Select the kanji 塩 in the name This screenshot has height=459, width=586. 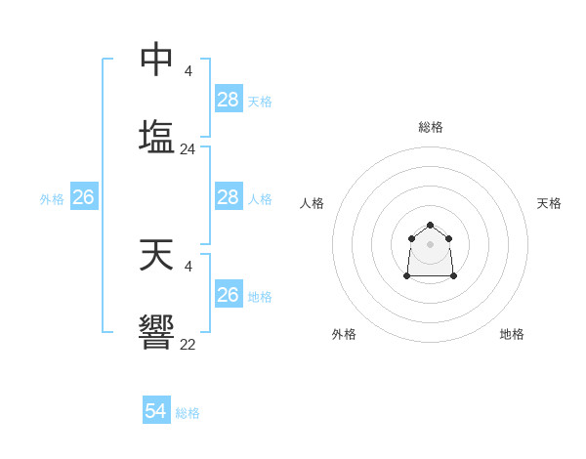click(x=156, y=136)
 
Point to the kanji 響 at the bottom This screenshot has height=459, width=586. click(x=156, y=332)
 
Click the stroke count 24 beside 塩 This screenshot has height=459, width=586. click(x=188, y=149)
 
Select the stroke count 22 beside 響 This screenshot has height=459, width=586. click(x=188, y=344)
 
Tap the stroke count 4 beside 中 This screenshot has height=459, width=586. click(x=188, y=70)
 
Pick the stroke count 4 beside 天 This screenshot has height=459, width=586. click(x=188, y=266)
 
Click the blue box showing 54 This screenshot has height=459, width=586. click(x=156, y=411)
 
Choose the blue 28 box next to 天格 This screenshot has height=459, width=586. click(x=229, y=99)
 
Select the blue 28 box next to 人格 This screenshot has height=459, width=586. click(x=229, y=197)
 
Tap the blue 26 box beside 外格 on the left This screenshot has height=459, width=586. click(x=84, y=197)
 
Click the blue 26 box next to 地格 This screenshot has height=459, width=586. click(x=229, y=294)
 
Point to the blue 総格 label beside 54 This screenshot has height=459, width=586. click(x=188, y=413)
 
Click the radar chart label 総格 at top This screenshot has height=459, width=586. click(x=431, y=127)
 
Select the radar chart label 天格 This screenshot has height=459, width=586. click(x=550, y=203)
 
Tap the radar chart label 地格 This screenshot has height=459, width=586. click(x=512, y=334)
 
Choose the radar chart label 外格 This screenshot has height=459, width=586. click(x=344, y=334)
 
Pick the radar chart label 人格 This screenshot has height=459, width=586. click(x=313, y=203)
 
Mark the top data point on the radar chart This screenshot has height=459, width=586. click(x=430, y=226)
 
